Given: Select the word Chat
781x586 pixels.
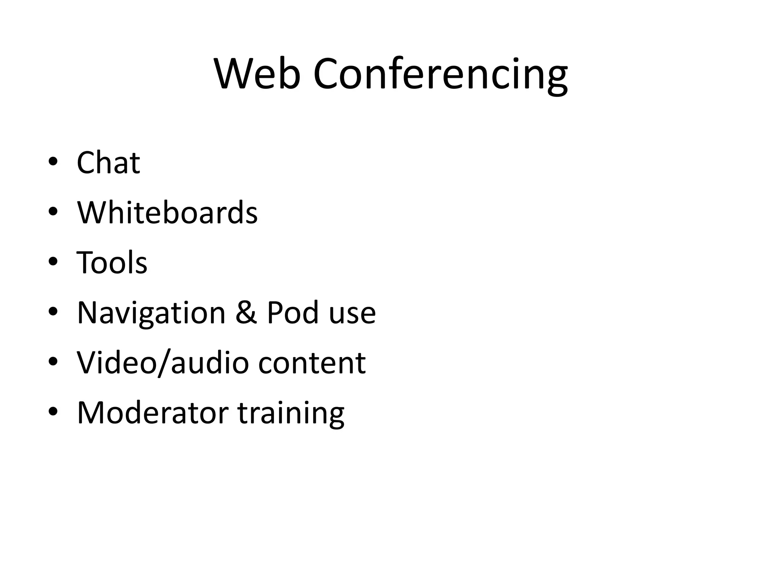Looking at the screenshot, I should [108, 163].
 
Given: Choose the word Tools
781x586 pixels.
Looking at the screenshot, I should [112, 262].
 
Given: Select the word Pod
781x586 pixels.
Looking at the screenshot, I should [292, 313].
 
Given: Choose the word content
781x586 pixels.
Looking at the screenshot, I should [312, 363].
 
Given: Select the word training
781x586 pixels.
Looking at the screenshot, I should [291, 414].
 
